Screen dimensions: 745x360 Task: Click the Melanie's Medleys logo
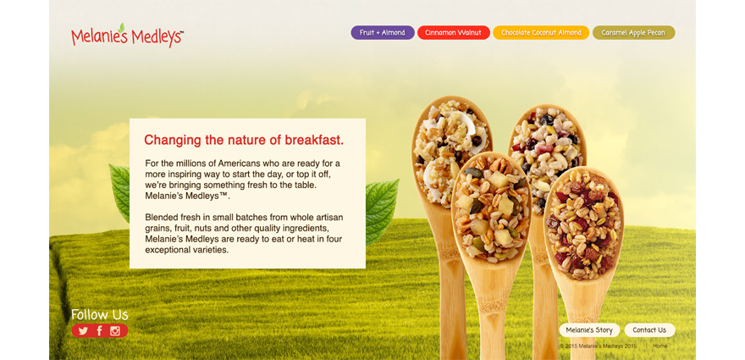tap(127, 36)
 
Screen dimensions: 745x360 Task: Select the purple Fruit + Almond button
tap(383, 33)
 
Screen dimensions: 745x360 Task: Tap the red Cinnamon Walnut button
tap(453, 33)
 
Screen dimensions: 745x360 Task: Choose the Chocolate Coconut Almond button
tap(541, 33)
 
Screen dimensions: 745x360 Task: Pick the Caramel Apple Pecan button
tap(633, 33)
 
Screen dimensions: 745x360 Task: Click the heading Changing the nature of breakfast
tap(244, 141)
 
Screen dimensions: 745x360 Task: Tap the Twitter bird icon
tap(83, 331)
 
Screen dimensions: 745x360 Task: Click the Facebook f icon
tap(99, 331)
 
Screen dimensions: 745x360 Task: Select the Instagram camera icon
tap(115, 331)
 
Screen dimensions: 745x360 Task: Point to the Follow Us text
tap(100, 315)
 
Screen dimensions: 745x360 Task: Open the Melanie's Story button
tap(589, 330)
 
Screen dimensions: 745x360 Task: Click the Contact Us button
tap(649, 330)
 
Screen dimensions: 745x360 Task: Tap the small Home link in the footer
tap(660, 346)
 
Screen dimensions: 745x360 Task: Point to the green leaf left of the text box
tap(119, 193)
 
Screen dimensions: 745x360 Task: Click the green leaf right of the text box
tap(382, 211)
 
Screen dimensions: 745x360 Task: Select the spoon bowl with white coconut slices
tap(450, 149)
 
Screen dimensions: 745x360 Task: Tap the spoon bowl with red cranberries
tap(583, 224)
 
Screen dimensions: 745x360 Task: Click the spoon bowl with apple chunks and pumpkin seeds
tap(491, 207)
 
